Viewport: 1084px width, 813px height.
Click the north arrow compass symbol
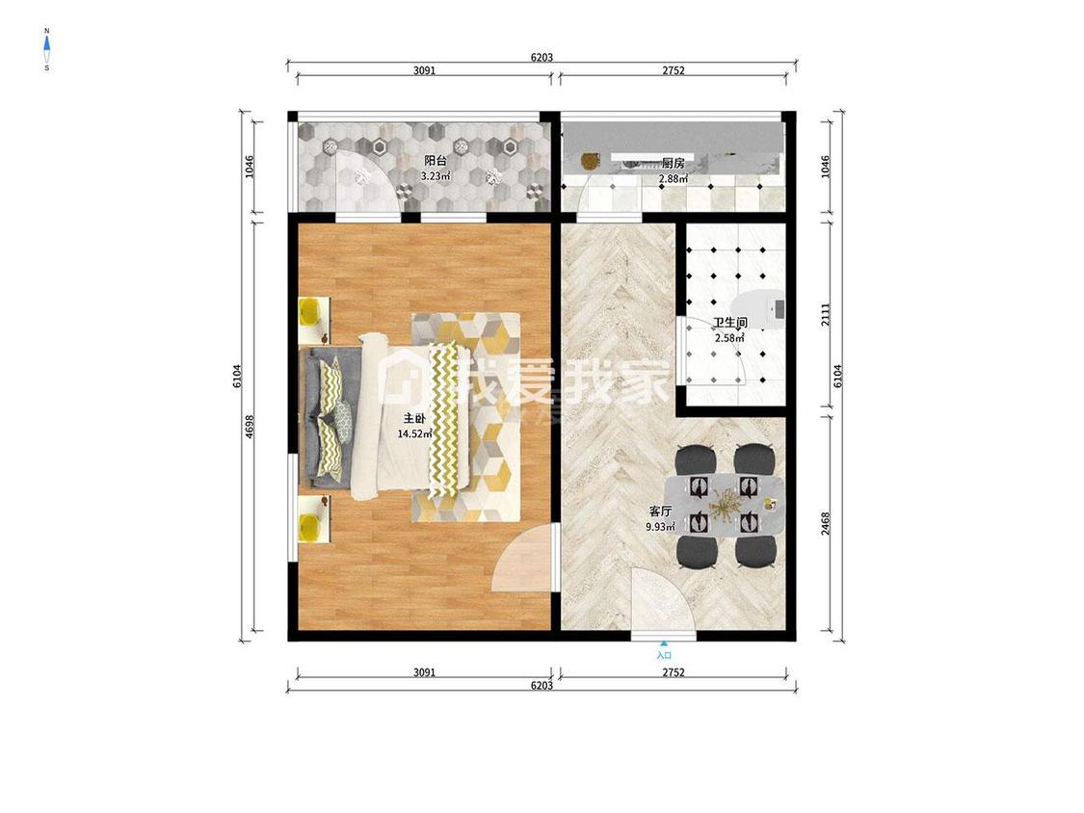tap(47, 49)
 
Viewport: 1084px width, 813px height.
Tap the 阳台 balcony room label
tap(436, 161)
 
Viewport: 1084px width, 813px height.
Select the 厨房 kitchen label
tap(673, 163)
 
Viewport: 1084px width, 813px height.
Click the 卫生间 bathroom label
tap(730, 323)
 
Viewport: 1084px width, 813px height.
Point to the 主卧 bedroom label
tap(414, 419)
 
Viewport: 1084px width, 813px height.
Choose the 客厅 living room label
tap(660, 511)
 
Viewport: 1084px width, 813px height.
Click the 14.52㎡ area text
tap(414, 434)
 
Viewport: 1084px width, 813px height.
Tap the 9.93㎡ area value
tap(660, 527)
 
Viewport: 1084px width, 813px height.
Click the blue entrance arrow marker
tap(664, 643)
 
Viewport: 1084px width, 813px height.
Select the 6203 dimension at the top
tap(542, 58)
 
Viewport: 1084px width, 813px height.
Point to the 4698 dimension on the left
tap(251, 426)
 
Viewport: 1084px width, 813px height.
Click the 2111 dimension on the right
tap(826, 315)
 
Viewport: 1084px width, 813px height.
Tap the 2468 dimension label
tap(826, 523)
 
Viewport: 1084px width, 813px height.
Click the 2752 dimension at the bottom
tap(674, 672)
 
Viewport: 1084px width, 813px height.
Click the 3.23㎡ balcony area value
tap(436, 176)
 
